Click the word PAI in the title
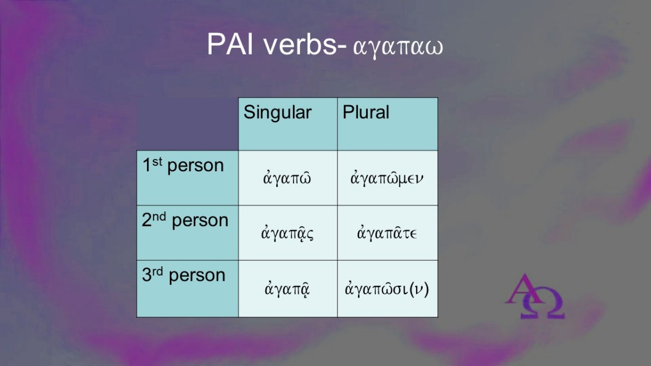230,44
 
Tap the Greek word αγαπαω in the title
398,48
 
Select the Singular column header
278,112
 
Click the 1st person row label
183,165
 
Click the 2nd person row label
185,220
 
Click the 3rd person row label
184,275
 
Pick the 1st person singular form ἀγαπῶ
287,178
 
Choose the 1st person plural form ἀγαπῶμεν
387,178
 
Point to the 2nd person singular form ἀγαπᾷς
287,234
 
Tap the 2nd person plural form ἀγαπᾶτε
387,233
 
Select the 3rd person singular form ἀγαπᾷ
287,288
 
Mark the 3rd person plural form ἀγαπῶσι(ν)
387,289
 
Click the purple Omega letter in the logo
542,303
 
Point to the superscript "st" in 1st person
157,162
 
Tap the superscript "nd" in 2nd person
159,216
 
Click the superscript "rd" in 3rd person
158,271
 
